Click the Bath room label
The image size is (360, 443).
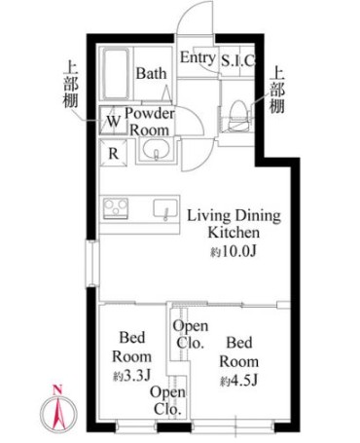coord(151,73)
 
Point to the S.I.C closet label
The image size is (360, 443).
coord(237,60)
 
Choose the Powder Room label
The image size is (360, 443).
coord(149,122)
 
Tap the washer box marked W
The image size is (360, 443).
coord(113,122)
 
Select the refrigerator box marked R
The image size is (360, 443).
coord(113,153)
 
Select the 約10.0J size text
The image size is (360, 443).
coord(234,251)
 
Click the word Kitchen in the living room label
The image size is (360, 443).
coord(234,234)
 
